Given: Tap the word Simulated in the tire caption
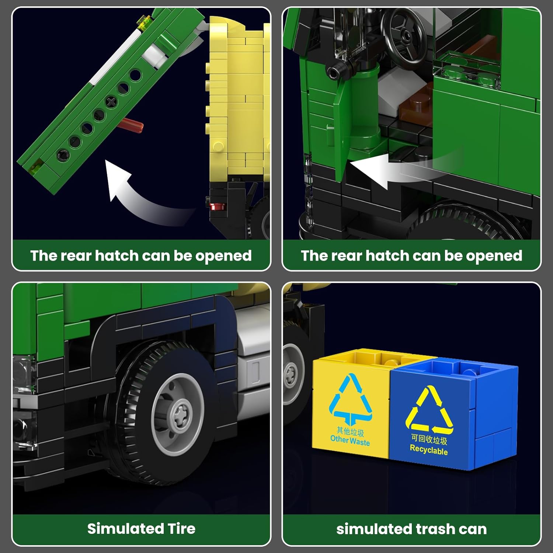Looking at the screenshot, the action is tap(125, 528).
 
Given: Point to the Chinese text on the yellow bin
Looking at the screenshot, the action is tap(350, 431).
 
